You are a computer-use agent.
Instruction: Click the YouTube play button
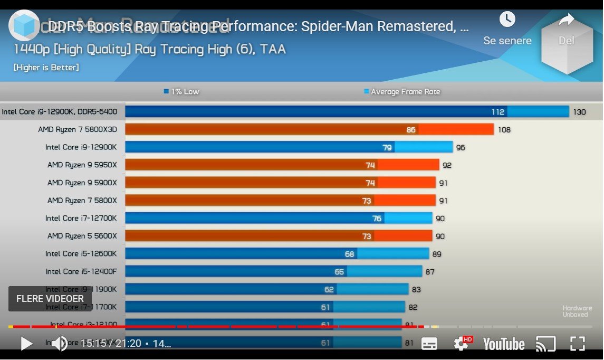[x=26, y=344]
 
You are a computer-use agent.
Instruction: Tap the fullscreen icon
[x=578, y=344]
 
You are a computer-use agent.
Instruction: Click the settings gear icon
[x=461, y=344]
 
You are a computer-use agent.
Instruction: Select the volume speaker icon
[x=59, y=344]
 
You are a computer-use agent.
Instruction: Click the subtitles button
[x=429, y=344]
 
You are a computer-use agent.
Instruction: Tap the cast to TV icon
[x=545, y=344]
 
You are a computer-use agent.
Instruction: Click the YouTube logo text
[x=504, y=344]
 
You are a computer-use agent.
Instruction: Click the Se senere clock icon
[x=507, y=20]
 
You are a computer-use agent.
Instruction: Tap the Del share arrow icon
[x=566, y=20]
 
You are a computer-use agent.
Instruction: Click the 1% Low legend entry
[x=181, y=92]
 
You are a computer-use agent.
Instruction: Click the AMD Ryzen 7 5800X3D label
[x=78, y=129]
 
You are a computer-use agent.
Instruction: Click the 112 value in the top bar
[x=497, y=112]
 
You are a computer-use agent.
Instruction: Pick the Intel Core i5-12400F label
[x=81, y=271]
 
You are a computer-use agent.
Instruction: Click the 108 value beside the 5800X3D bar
[x=504, y=130]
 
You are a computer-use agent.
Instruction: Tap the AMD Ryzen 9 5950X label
[x=82, y=165]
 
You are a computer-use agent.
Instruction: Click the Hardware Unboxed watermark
[x=577, y=311]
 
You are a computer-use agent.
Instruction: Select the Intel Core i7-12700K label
[x=81, y=218]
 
